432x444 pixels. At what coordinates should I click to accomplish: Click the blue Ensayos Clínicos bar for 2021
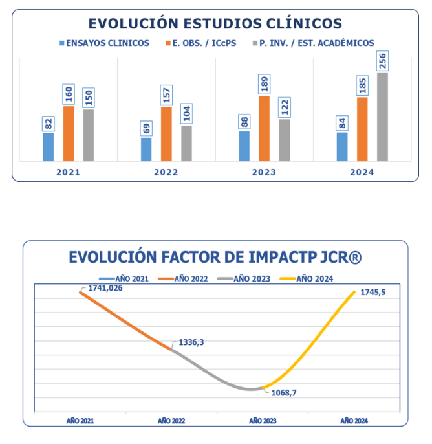pos(49,147)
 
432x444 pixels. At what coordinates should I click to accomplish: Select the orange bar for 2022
pos(166,134)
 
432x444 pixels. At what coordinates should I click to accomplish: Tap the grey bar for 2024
pos(382,117)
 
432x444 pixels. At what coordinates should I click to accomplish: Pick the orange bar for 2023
pos(265,128)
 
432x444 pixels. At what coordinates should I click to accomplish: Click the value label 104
pos(186,113)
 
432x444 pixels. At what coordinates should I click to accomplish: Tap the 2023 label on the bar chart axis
pos(264,173)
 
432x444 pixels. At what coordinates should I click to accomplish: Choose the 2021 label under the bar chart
pos(68,173)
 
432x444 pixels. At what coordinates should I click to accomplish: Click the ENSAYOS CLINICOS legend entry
pos(104,43)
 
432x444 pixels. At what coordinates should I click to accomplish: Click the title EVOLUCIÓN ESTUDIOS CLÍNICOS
pos(215,24)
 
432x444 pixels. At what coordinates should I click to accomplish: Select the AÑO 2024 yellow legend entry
pos(317,278)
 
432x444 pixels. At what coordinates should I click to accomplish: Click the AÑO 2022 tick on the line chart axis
pos(171,420)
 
